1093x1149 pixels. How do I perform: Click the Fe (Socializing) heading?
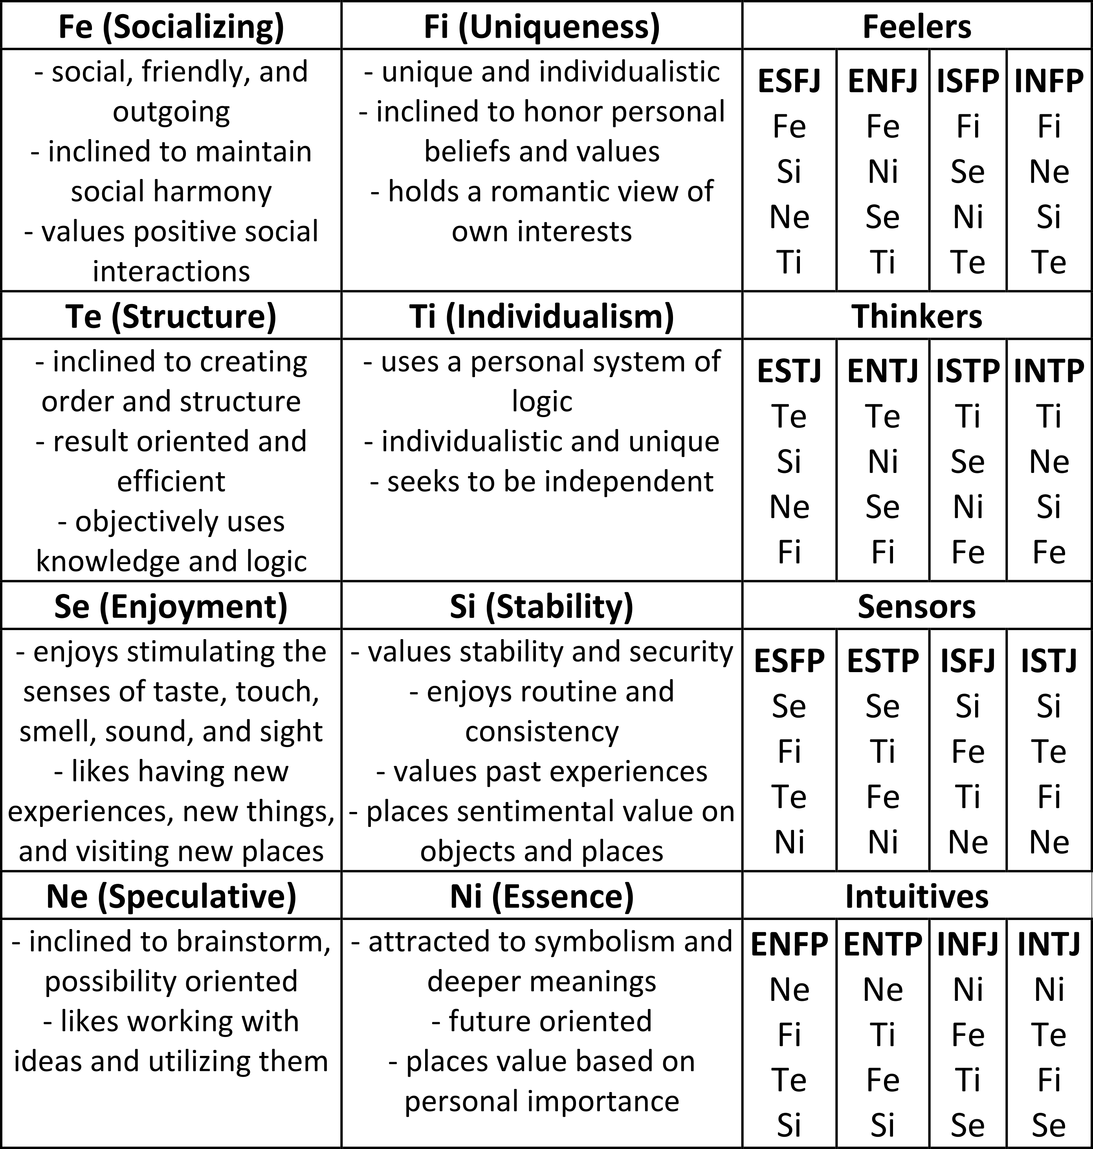171,27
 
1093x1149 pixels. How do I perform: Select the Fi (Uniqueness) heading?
542,27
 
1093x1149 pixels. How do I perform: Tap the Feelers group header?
917,27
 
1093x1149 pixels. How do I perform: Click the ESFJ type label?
789,81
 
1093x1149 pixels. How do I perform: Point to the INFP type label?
1049,81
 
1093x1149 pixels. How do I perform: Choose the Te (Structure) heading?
171,316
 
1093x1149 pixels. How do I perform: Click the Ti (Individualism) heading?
542,316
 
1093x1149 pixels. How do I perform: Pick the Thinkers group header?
917,316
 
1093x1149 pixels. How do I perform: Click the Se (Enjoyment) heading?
171,606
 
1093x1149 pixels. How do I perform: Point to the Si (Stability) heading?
542,606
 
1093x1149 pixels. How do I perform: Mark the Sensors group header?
917,606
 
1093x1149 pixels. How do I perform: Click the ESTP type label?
883,661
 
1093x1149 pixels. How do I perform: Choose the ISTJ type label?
1049,661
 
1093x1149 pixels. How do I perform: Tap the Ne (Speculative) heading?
171,896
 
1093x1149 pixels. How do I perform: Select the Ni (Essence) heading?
542,896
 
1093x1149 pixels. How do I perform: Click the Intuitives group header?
917,896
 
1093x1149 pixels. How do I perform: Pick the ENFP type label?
789,944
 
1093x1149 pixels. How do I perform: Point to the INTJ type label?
1049,944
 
